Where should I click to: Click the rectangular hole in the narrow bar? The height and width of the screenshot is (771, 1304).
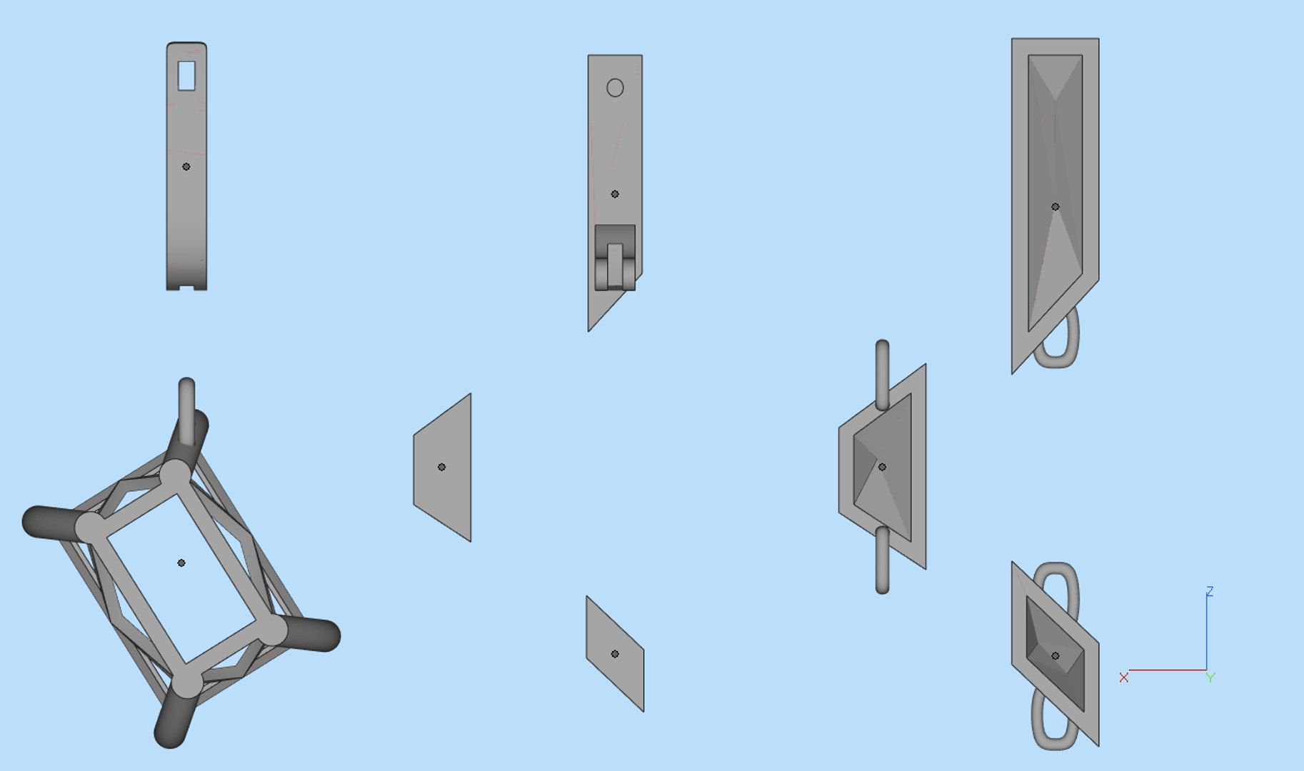(x=186, y=76)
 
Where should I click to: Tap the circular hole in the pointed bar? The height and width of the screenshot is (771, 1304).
(x=615, y=88)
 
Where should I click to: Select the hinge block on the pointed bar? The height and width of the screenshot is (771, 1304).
(x=615, y=258)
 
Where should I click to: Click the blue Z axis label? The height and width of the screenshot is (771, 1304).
(x=1210, y=591)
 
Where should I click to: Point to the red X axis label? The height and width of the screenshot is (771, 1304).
(x=1124, y=677)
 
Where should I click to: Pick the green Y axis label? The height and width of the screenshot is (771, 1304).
(x=1210, y=677)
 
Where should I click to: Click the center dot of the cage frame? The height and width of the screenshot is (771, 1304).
(x=181, y=563)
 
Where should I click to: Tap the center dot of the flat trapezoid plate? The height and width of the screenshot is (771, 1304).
(x=441, y=467)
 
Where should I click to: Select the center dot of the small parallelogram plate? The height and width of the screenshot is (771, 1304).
(x=615, y=654)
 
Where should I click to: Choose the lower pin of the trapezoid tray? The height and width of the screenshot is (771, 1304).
(x=882, y=560)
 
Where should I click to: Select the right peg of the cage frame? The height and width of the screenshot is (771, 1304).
(x=307, y=632)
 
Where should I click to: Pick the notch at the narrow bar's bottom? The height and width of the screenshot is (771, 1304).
(x=186, y=287)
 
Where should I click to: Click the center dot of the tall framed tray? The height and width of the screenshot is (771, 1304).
(x=1055, y=207)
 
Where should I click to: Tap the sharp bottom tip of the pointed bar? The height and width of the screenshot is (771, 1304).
(x=589, y=331)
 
